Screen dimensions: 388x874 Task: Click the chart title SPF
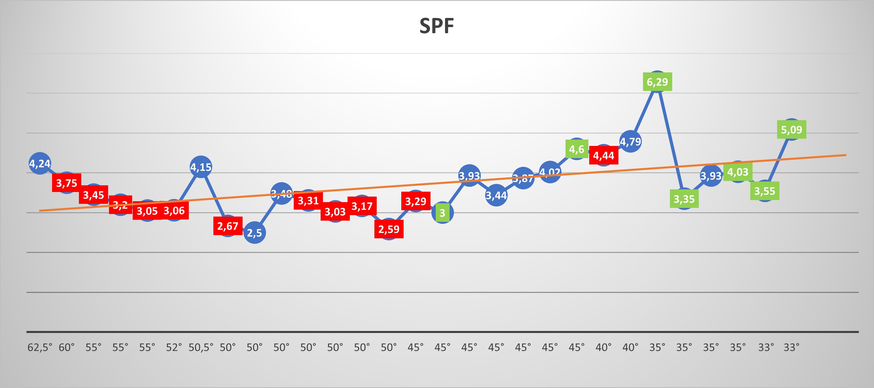pyautogui.click(x=437, y=26)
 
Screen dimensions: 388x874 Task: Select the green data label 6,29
pyautogui.click(x=657, y=82)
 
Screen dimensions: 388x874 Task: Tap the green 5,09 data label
pyautogui.click(x=791, y=129)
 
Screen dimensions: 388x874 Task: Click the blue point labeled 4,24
pyautogui.click(x=40, y=163)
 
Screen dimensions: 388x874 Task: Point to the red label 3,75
pyautogui.click(x=66, y=183)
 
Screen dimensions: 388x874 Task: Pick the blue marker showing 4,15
pyautogui.click(x=201, y=167)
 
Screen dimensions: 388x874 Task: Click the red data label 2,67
pyautogui.click(x=228, y=226)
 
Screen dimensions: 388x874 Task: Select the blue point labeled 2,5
pyautogui.click(x=254, y=233)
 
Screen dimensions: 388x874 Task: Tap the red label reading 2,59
pyautogui.click(x=389, y=229)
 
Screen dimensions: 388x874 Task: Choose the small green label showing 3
pyautogui.click(x=442, y=213)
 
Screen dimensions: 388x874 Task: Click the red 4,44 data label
pyautogui.click(x=604, y=155)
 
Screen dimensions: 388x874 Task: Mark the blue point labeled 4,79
pyautogui.click(x=630, y=141)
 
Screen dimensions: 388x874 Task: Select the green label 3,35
pyautogui.click(x=684, y=199)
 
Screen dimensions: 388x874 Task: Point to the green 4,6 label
pyautogui.click(x=576, y=149)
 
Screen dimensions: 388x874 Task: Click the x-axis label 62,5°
pyautogui.click(x=40, y=347)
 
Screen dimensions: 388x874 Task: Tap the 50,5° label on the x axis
pyautogui.click(x=201, y=347)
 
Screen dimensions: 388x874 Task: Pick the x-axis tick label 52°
pyautogui.click(x=174, y=347)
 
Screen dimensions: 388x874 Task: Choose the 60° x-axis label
pyautogui.click(x=66, y=347)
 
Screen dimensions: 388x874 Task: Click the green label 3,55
pyautogui.click(x=764, y=191)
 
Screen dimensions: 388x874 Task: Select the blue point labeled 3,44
pyautogui.click(x=496, y=195)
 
